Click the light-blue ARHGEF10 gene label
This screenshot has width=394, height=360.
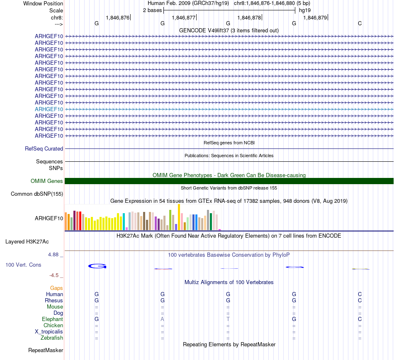(49, 109)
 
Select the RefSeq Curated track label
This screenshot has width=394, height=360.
(44, 148)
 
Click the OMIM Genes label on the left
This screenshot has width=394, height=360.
(47, 181)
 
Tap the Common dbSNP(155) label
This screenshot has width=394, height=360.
(37, 194)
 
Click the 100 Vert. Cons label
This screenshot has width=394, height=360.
(23, 265)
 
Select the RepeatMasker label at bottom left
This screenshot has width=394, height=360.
(46, 350)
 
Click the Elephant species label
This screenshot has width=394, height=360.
(52, 319)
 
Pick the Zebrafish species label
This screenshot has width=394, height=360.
(52, 338)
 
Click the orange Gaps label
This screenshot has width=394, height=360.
(56, 288)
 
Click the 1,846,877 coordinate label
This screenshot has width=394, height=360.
(183, 18)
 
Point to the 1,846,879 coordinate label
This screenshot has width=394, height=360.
(315, 18)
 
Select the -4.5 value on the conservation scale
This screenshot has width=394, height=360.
(56, 275)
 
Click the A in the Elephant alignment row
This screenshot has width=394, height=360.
(163, 319)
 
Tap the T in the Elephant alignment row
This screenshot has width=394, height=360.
(228, 319)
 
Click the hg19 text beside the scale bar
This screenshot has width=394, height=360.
(305, 10)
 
